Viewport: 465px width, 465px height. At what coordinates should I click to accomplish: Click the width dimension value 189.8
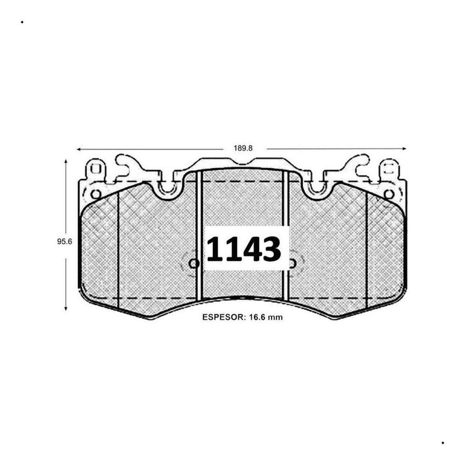pyautogui.click(x=243, y=148)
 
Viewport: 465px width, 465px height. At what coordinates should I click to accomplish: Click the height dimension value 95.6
pyautogui.click(x=65, y=242)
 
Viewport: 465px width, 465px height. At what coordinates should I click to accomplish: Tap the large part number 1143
pyautogui.click(x=244, y=248)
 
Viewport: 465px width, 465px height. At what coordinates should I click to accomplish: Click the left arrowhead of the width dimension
pyautogui.click(x=78, y=149)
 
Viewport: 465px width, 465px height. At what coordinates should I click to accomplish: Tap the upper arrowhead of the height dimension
pyautogui.click(x=65, y=161)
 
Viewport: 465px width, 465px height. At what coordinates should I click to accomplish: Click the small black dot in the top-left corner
pyautogui.click(x=22, y=22)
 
